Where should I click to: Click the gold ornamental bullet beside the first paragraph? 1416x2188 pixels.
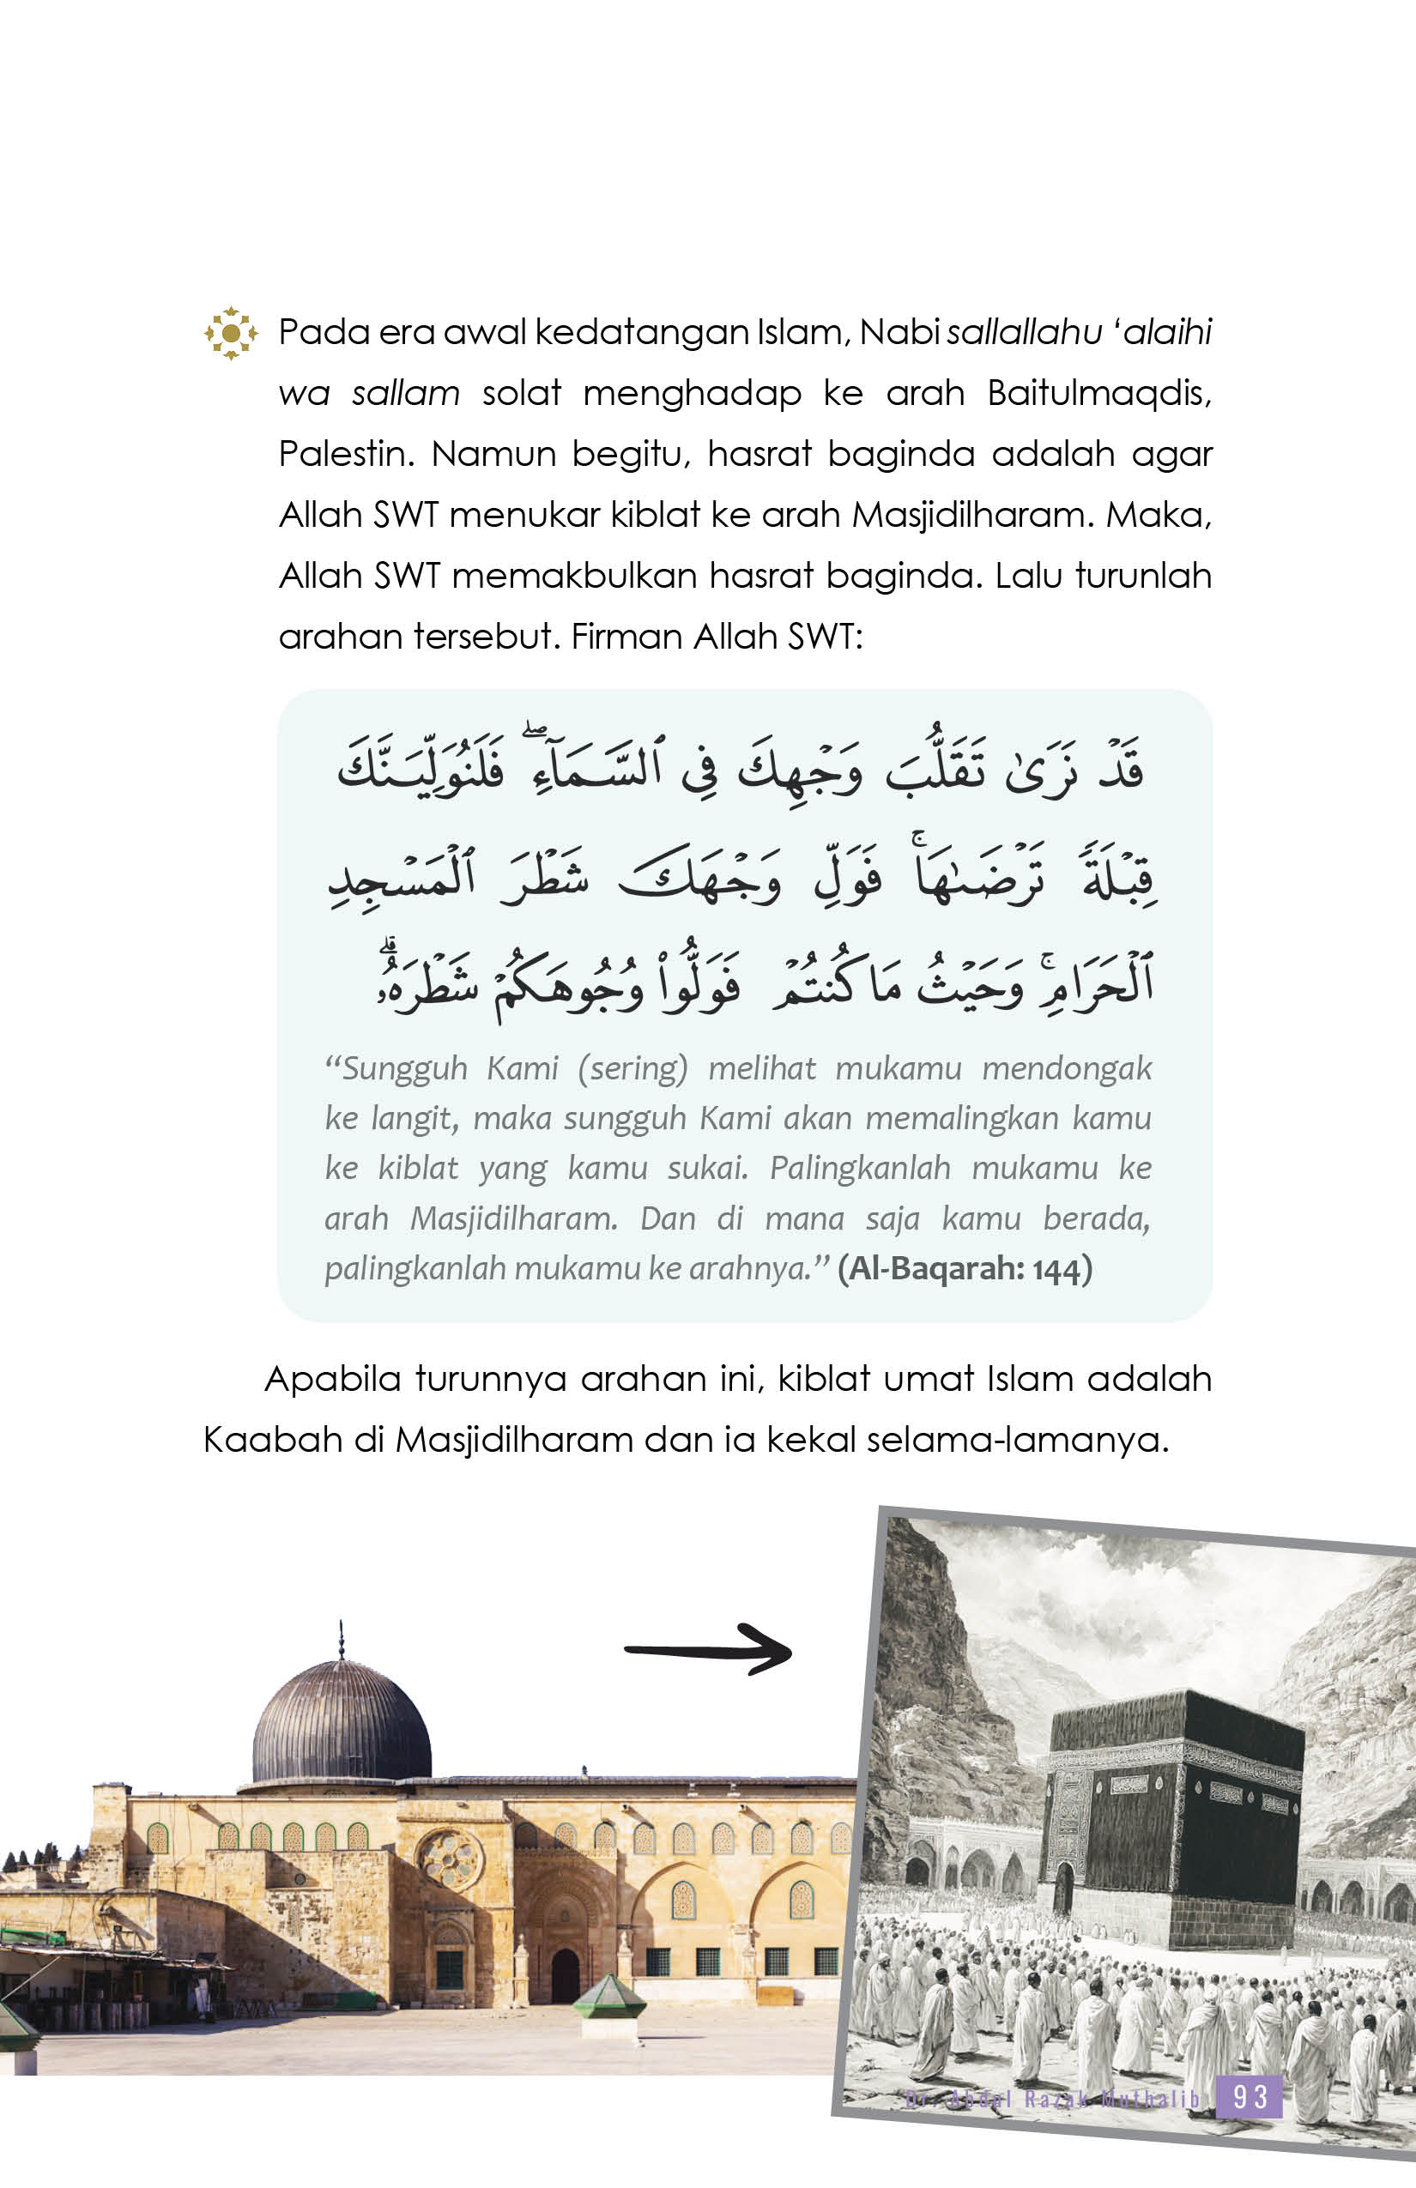coord(230,333)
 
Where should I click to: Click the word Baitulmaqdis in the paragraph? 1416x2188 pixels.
coord(1098,394)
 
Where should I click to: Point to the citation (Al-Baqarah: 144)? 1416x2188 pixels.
coord(965,1269)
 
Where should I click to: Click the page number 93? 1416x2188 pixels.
coord(1250,2097)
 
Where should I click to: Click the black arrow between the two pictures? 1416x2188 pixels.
coord(708,1650)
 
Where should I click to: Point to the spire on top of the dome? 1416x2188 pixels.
coord(342,1641)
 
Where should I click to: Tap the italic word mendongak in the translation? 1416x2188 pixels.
coord(1067,1068)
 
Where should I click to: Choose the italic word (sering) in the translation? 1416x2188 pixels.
coord(632,1068)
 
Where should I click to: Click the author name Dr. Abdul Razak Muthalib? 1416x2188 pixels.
coord(1053,2099)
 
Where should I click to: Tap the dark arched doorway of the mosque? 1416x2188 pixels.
coord(565,1973)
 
